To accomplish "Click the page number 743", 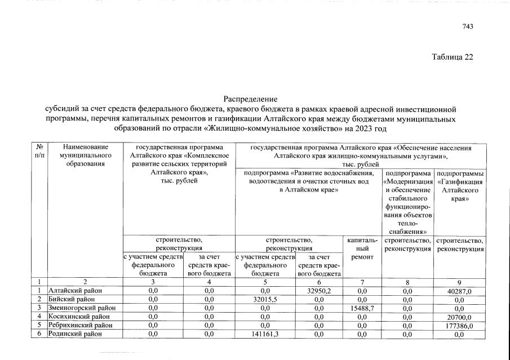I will [468, 26].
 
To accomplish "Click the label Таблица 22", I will [452, 57].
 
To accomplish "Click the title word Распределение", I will [251, 99].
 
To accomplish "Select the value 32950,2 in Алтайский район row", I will [319, 290].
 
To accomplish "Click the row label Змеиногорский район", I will [82, 308].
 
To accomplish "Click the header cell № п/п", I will [39, 150].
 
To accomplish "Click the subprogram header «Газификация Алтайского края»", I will [459, 186].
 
